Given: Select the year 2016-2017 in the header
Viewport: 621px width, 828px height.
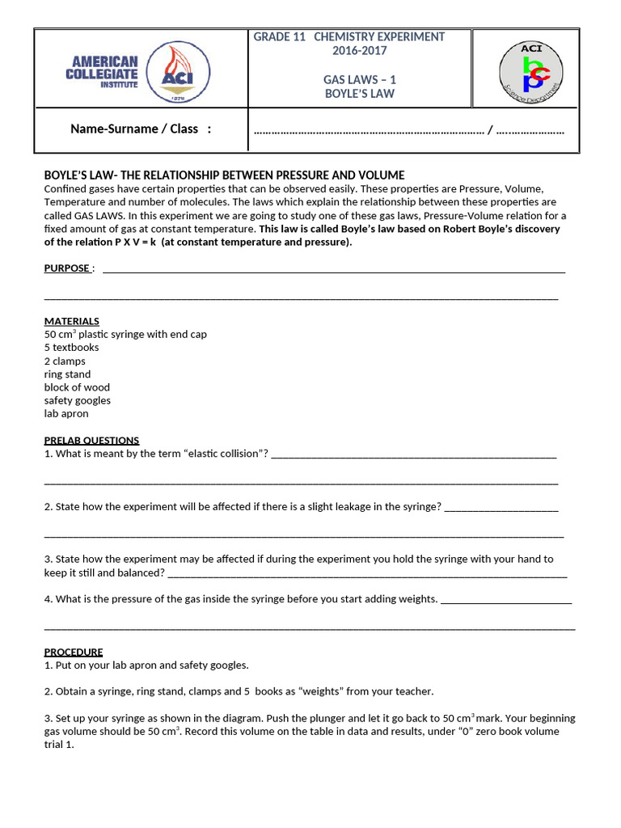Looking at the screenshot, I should [360, 51].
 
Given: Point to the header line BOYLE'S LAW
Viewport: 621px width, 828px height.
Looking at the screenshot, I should [360, 94].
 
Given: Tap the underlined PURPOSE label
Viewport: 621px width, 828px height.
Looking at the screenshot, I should [67, 268].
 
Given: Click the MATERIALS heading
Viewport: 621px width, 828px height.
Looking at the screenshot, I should [72, 321].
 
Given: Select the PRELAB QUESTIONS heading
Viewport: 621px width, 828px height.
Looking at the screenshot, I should [91, 441].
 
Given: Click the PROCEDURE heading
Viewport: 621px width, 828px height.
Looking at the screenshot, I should [74, 652].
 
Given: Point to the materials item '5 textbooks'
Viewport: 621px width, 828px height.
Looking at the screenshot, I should [72, 348].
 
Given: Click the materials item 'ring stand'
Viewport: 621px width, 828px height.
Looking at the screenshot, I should [67, 374].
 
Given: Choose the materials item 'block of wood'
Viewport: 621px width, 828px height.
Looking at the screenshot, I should [77, 387].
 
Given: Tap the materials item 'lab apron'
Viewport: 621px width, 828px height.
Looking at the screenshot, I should [66, 413].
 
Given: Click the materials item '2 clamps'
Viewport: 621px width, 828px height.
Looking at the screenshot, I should [65, 361].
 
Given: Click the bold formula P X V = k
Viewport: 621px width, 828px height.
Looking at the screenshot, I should [125, 242].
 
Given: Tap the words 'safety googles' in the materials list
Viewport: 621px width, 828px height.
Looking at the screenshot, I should [78, 400].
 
